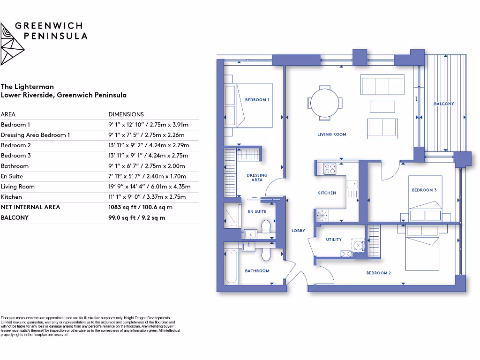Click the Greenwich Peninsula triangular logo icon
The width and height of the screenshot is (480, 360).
pos(12,43)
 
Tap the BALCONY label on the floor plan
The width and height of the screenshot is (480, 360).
pos(443,104)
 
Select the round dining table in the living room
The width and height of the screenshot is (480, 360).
pos(324,102)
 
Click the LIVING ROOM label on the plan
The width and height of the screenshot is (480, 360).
pos(331,135)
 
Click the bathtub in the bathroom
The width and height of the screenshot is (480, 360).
pos(231,266)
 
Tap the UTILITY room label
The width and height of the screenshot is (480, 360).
pos(334,240)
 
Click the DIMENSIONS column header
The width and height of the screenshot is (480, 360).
pos(126,114)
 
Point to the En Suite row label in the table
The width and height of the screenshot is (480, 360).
pos(12,176)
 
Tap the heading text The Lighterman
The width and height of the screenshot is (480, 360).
pos(27,87)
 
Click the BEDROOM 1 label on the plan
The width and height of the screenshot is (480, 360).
pos(257,100)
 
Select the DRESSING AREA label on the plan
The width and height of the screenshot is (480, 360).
pos(257,178)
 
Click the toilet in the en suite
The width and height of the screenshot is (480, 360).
pos(266,228)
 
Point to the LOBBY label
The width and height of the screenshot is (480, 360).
pos(298,231)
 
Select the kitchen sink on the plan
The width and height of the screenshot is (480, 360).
pos(352,184)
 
